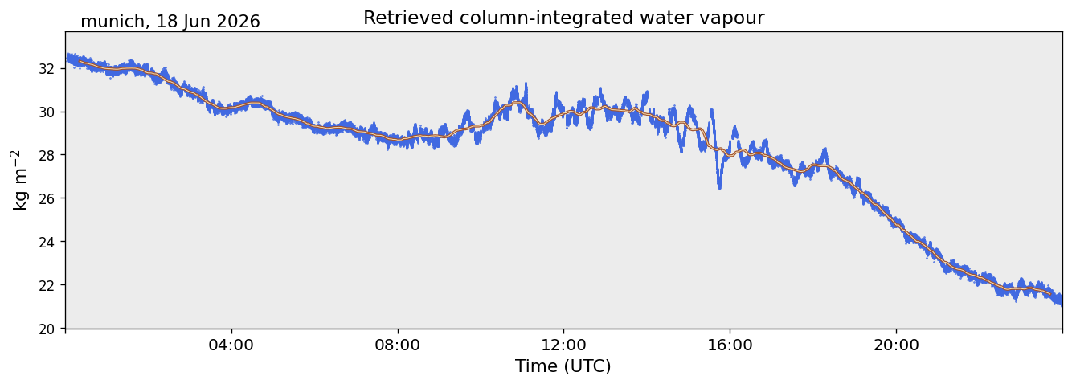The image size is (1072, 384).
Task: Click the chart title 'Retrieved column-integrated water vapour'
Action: [564, 18]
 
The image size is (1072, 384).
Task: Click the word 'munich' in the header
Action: [112, 22]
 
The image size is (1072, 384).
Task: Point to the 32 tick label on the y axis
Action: [46, 69]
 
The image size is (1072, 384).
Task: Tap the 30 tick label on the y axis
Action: [46, 112]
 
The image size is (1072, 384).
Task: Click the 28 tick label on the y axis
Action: [46, 155]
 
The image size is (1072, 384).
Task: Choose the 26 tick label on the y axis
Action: [46, 198]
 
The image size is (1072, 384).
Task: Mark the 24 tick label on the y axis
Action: [46, 242]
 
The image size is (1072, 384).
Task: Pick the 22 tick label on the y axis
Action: [46, 285]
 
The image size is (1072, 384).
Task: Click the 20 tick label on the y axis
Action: [46, 329]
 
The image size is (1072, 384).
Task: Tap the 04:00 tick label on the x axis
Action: [231, 345]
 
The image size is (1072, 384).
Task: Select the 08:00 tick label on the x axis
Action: [397, 345]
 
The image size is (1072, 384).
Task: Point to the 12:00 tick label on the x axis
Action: [563, 345]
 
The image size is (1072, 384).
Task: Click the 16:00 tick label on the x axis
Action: [730, 345]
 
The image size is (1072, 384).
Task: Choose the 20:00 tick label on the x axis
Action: [896, 345]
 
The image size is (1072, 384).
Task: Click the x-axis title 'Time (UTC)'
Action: [563, 366]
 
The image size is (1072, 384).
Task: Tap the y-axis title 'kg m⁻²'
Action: [20, 180]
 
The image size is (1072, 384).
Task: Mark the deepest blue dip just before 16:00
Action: [719, 186]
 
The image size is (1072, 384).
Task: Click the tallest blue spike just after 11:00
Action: [526, 85]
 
